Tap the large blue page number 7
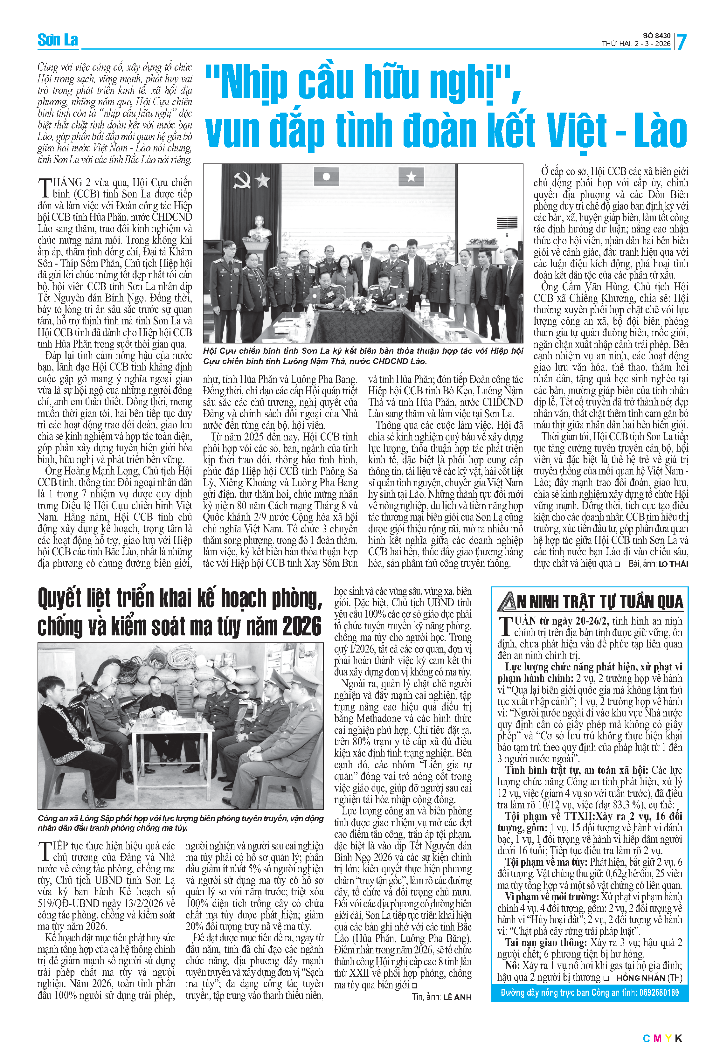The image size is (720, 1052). click(x=681, y=42)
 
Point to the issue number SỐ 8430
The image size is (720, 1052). click(x=657, y=35)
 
